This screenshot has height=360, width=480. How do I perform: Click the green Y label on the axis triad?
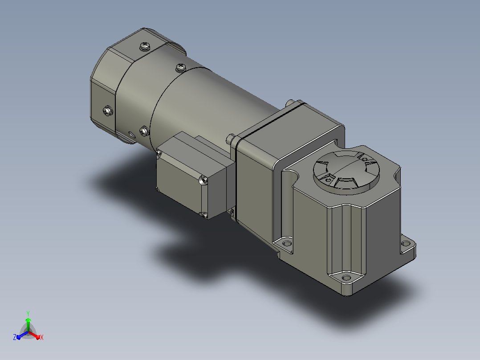pyautogui.click(x=28, y=313)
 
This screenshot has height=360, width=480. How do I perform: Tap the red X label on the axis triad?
pyautogui.click(x=42, y=337)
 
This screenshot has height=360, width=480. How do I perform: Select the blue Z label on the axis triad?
pyautogui.click(x=15, y=337)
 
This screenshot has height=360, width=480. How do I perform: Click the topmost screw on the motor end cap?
pyautogui.click(x=144, y=47)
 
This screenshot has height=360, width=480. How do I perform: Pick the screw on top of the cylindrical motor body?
pyautogui.click(x=181, y=67)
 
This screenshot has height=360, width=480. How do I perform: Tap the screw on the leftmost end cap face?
pyautogui.click(x=107, y=110)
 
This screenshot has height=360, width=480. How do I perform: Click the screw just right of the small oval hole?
pyautogui.click(x=144, y=131)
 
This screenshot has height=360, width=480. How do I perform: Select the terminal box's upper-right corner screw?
pyautogui.click(x=203, y=180)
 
